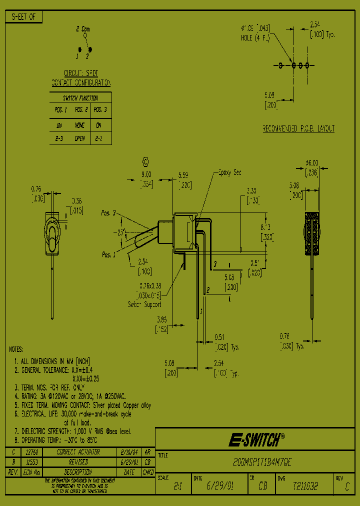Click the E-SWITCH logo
(x=256, y=440)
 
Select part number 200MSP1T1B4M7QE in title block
(x=255, y=463)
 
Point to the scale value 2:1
(x=177, y=485)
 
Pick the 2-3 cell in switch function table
(x=58, y=138)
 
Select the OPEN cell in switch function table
(x=80, y=138)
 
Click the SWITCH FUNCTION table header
(x=80, y=98)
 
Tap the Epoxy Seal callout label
(x=230, y=172)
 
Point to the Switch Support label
(x=145, y=304)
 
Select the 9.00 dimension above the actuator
(x=146, y=175)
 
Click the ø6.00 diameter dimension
(x=311, y=163)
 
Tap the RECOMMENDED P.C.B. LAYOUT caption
(x=298, y=128)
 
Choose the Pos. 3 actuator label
(x=108, y=213)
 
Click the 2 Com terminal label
(x=83, y=29)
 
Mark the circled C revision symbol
(x=145, y=161)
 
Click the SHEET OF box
(x=23, y=17)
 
